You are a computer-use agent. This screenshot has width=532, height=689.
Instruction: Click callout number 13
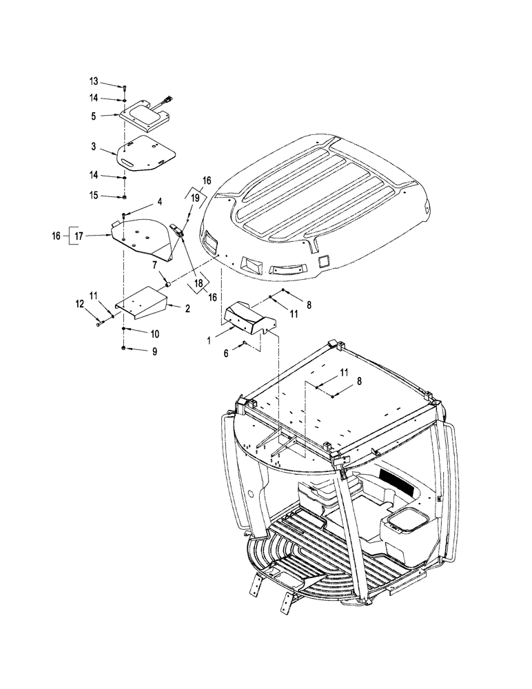94,82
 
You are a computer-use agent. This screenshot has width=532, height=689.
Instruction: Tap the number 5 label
94,116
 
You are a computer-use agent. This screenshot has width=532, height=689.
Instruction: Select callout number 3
94,147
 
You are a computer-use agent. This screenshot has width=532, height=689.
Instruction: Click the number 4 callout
159,202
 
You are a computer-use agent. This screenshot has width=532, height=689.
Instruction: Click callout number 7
155,265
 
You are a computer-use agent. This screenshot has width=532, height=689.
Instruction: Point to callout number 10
155,333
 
